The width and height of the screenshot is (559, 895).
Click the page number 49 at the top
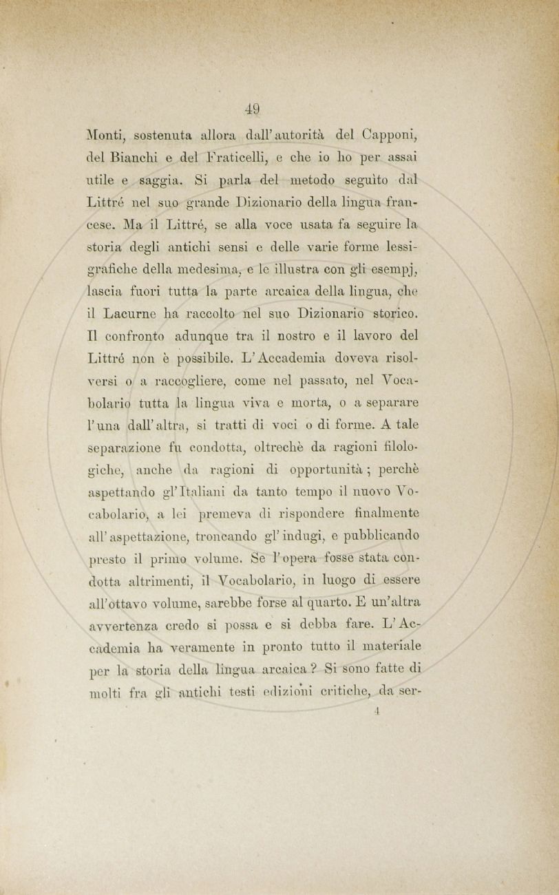pos(253,108)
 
